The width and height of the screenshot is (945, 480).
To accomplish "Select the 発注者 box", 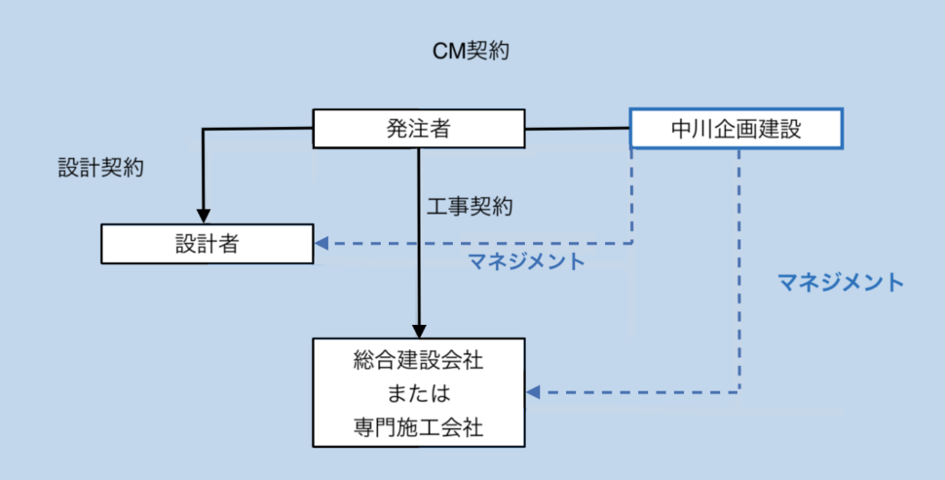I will [418, 128].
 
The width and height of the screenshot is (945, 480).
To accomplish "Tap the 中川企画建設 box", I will [737, 128].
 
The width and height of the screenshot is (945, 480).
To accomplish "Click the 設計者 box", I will [208, 244].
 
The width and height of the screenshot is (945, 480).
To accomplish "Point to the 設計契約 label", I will [101, 168].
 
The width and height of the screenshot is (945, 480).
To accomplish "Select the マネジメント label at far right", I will [841, 283].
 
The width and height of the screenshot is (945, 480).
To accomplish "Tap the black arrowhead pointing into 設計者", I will [204, 216].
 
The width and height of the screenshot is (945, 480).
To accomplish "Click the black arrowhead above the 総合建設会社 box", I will [419, 329].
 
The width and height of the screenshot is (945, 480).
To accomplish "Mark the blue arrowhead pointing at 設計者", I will [321, 244].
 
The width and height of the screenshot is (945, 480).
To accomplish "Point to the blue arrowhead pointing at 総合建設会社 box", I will [533, 393].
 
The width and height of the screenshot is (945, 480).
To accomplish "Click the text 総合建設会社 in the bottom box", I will [418, 362].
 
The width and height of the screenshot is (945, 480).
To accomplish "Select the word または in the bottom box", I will [418, 393].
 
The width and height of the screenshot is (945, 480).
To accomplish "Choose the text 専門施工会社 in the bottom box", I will [418, 425].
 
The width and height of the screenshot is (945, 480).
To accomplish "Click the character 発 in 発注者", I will [397, 128].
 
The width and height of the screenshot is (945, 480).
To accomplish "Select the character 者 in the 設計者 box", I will [230, 244].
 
